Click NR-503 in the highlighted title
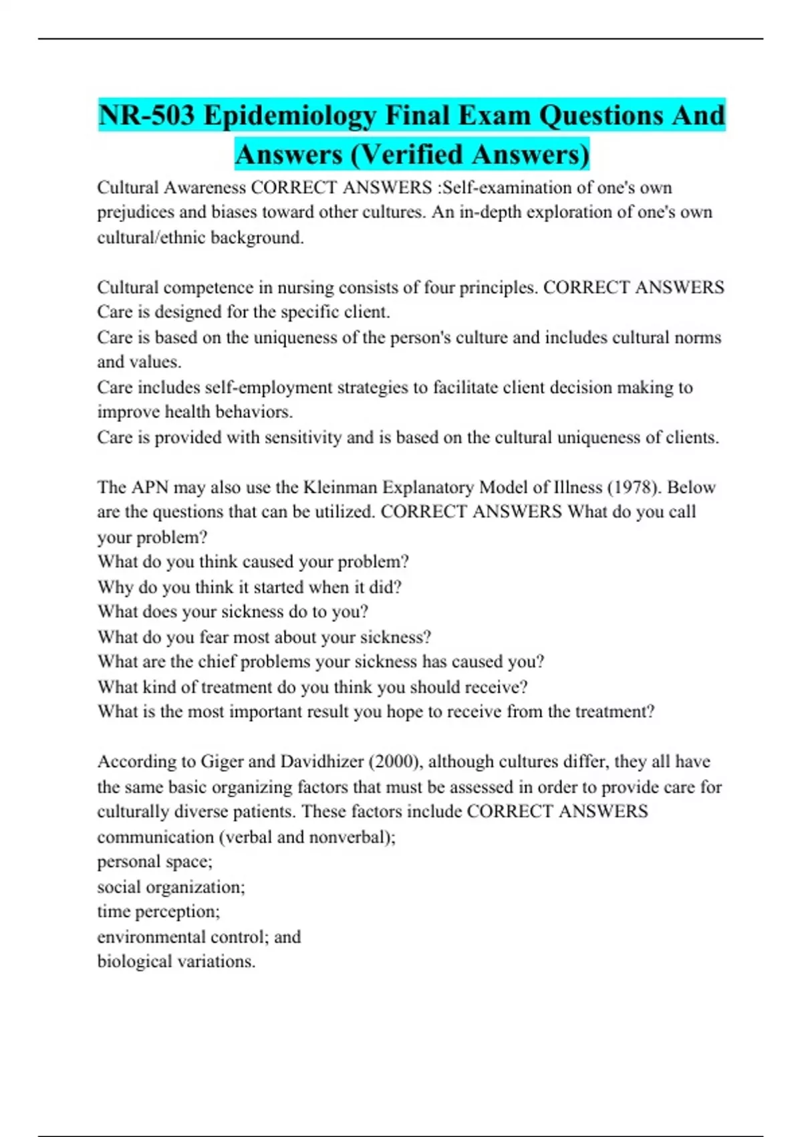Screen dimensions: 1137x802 pyautogui.click(x=146, y=115)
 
